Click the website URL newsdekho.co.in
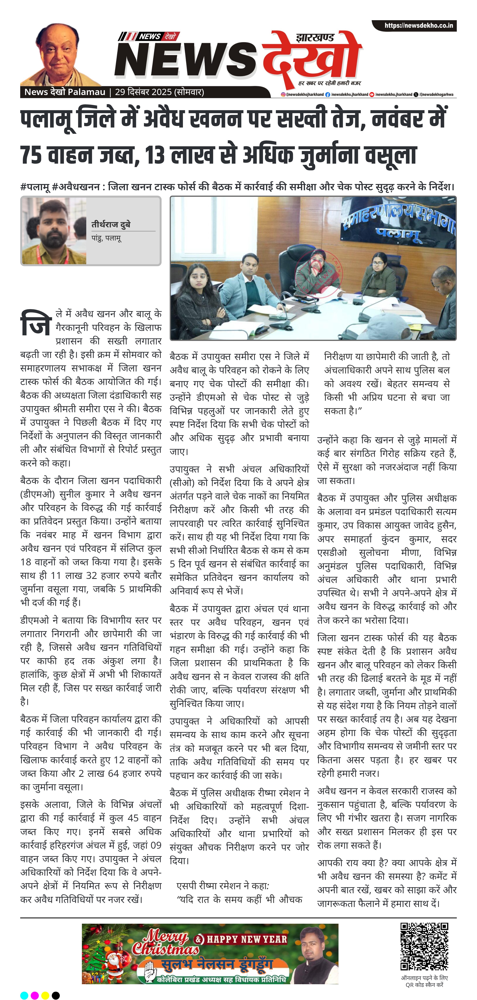418,26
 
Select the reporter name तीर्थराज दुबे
111,224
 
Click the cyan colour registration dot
24,992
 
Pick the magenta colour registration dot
35,992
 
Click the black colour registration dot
56,992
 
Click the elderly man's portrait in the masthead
60,54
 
